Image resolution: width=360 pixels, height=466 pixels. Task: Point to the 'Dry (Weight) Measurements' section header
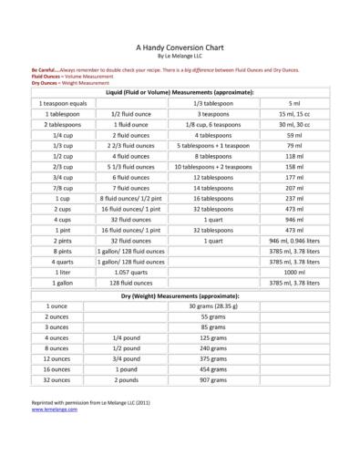tap(180, 297)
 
